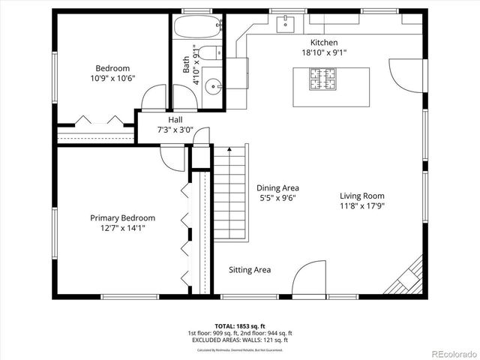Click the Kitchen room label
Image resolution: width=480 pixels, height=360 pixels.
point(324,43)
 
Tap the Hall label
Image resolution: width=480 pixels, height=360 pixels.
point(175,119)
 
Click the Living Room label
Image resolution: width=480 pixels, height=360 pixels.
point(361,196)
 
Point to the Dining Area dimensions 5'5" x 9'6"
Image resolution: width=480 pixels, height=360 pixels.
point(277,199)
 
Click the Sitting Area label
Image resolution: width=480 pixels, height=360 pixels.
point(250,270)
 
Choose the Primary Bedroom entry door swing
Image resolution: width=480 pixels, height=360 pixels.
point(172,157)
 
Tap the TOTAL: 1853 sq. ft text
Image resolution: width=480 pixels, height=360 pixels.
point(240,326)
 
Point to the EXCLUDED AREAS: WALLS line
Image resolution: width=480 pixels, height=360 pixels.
point(240,340)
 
